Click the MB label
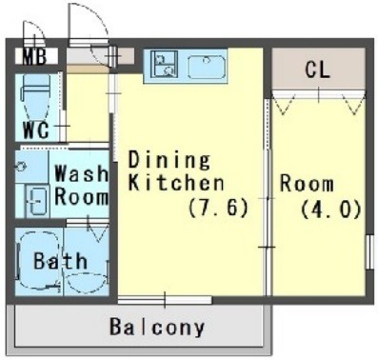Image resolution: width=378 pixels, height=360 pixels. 35,56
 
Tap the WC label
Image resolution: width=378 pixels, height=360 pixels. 35,130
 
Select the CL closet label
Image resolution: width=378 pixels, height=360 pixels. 317,70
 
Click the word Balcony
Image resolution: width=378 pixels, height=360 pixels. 157,327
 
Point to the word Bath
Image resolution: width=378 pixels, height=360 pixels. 61,261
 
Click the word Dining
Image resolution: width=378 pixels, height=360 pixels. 169,160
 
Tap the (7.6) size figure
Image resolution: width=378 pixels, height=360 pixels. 218,209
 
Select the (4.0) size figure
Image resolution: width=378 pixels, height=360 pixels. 330,209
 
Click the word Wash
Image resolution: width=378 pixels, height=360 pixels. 81,173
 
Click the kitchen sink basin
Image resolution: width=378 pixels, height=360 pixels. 207,67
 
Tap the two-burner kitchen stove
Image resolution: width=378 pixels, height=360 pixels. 164,64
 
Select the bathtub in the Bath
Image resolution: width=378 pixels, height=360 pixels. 38,261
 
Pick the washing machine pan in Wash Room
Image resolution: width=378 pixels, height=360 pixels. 37,201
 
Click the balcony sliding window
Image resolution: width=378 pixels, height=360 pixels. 165,300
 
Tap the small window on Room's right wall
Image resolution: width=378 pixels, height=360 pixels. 369,252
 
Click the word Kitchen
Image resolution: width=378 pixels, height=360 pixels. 176,183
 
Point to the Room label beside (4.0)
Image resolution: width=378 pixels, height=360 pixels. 307,184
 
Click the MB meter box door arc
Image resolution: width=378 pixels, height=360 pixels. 35,31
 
